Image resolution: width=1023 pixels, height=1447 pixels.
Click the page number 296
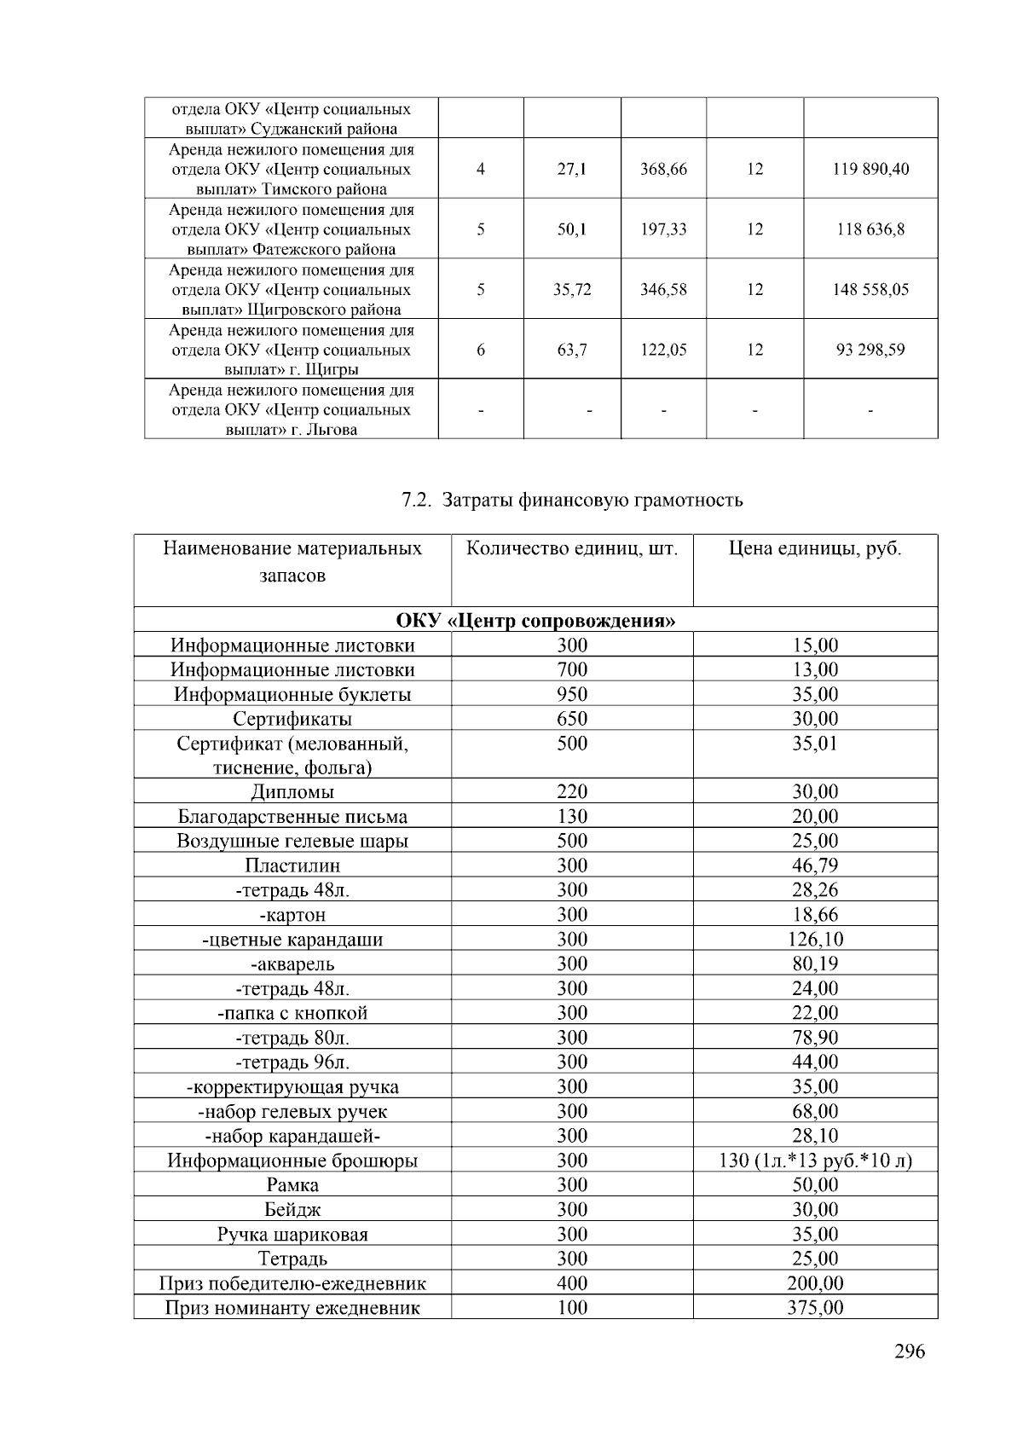(x=909, y=1351)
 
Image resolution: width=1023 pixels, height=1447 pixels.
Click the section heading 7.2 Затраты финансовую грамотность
(x=571, y=500)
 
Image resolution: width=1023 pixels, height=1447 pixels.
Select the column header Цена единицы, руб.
(x=814, y=548)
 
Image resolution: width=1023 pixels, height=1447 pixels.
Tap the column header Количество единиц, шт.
(x=571, y=548)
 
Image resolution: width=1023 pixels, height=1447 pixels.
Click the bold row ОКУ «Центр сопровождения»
(x=535, y=620)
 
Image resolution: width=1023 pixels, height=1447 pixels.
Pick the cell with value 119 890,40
(x=870, y=169)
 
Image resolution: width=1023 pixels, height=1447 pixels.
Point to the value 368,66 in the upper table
(x=663, y=169)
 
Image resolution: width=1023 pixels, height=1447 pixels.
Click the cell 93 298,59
(x=870, y=350)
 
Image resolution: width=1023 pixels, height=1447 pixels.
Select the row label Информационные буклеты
(x=292, y=694)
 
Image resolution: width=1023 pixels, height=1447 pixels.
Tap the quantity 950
(x=571, y=694)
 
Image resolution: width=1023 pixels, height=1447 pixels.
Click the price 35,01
(x=814, y=744)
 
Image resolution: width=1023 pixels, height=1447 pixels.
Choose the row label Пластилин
(x=292, y=865)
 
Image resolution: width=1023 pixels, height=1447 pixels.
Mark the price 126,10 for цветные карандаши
(x=814, y=940)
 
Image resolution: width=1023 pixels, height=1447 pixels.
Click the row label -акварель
(x=292, y=964)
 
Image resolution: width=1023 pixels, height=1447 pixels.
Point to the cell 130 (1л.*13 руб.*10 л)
(x=814, y=1160)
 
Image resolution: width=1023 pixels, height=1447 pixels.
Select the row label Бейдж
(x=292, y=1209)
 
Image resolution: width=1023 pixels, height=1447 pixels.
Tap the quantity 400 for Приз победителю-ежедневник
(x=571, y=1283)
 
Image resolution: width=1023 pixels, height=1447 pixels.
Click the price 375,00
(x=814, y=1307)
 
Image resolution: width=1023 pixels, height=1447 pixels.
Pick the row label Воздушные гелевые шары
(x=292, y=841)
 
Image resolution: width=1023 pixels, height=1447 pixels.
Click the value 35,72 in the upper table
(x=571, y=290)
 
